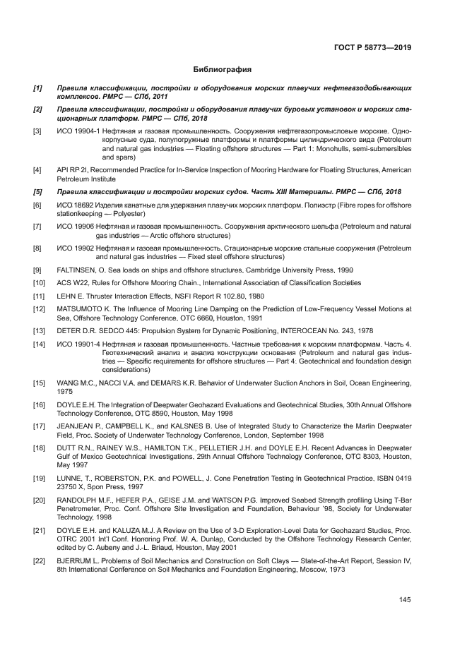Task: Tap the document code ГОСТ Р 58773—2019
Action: [372, 49]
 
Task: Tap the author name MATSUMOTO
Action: [81, 309]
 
